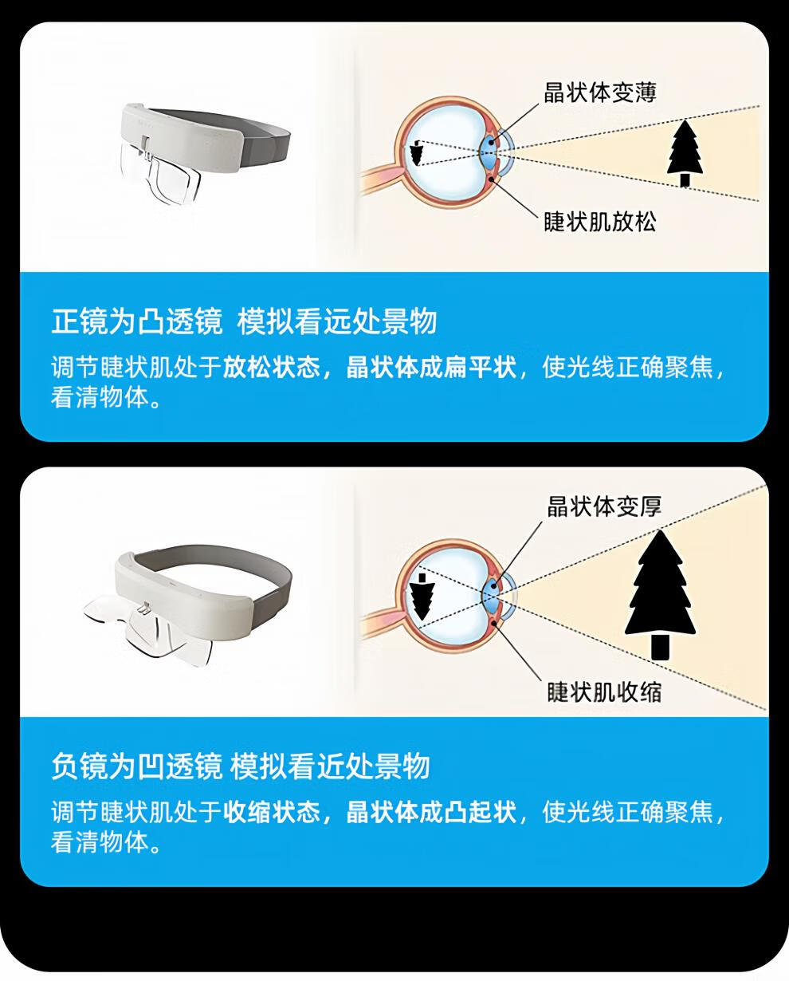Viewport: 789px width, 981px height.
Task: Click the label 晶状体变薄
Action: click(x=600, y=93)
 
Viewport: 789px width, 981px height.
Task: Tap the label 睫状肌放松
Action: click(x=600, y=222)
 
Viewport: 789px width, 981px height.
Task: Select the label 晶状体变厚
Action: click(x=604, y=506)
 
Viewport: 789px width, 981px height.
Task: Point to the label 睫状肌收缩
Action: click(x=604, y=692)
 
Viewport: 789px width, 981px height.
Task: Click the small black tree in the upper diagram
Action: click(x=685, y=153)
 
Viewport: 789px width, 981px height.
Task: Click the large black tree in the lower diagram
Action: click(x=660, y=594)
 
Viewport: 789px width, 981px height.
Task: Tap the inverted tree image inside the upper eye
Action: click(x=415, y=154)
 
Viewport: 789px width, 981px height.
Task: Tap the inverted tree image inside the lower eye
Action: click(x=422, y=597)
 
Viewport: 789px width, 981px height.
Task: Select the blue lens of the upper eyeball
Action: click(x=489, y=152)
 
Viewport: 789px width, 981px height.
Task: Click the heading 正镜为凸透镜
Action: click(x=136, y=321)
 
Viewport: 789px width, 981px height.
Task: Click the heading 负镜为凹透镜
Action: click(x=136, y=766)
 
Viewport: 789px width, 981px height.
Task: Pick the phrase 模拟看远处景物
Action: click(x=337, y=321)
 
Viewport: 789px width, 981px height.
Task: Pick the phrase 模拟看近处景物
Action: click(x=330, y=766)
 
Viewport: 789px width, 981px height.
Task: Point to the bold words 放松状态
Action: click(x=272, y=367)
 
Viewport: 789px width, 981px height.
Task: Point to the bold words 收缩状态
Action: click(x=272, y=812)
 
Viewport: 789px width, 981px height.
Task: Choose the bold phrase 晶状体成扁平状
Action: click(x=431, y=367)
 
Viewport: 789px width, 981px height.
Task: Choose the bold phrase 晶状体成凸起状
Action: click(x=431, y=812)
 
